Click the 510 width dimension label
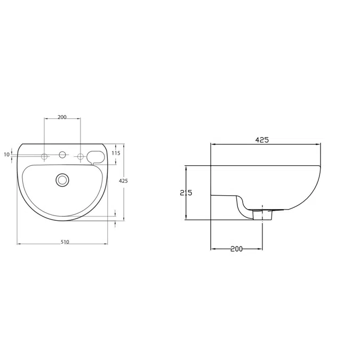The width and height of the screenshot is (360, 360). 65,242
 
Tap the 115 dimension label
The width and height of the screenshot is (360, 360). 116,153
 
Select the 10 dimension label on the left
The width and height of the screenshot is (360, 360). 6,155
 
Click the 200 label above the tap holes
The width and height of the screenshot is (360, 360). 62,117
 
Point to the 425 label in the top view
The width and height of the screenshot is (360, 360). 123,181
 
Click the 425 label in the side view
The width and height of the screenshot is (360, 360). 262,140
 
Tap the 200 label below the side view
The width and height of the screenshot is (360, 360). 236,249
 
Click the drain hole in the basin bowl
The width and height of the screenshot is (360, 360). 62,180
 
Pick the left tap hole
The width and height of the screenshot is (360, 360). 45,157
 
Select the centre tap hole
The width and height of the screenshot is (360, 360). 62,155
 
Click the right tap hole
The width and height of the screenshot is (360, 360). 81,157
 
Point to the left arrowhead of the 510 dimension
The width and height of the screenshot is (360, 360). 19,244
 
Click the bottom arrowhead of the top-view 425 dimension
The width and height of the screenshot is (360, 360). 124,218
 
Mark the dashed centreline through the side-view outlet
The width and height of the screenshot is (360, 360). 262,229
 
